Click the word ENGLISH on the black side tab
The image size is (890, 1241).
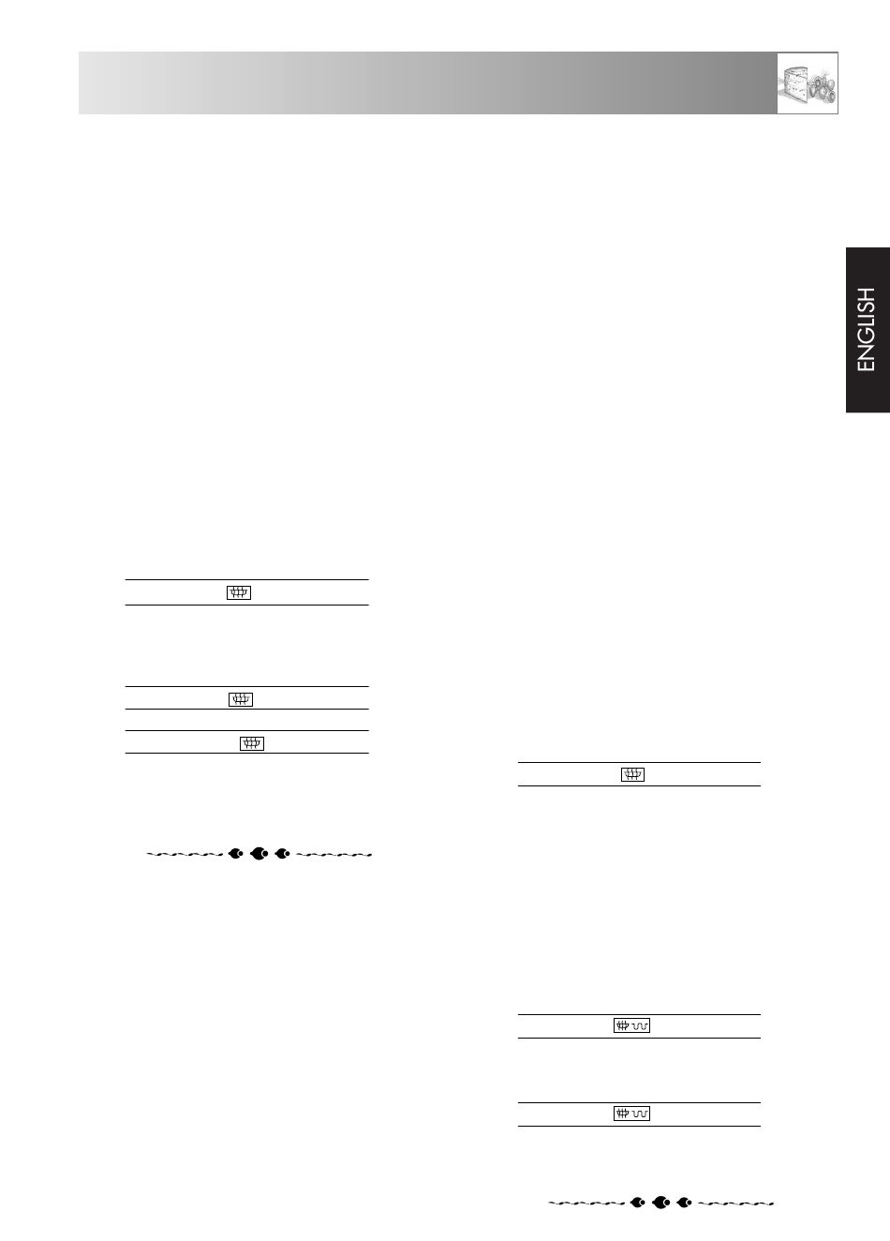[x=867, y=329]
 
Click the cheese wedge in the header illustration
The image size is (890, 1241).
[x=794, y=83]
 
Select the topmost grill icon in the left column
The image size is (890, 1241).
[x=239, y=592]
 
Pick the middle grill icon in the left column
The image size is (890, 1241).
[x=241, y=699]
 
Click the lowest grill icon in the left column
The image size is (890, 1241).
[x=252, y=743]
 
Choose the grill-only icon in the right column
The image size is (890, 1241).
[x=632, y=774]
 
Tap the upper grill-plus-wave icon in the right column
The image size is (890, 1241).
[x=632, y=1026]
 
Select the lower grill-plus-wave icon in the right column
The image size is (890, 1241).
[x=632, y=1114]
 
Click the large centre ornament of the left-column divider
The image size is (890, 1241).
[x=260, y=854]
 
